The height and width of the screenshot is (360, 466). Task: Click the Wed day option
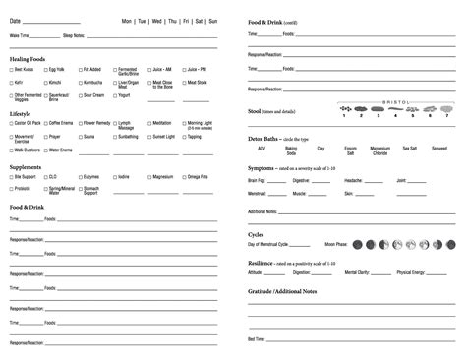tap(156, 21)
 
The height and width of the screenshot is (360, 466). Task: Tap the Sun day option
tap(213, 21)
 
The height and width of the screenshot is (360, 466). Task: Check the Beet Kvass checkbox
tap(12, 70)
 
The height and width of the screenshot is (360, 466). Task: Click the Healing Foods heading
tap(29, 59)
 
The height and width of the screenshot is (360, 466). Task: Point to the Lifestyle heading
tap(21, 113)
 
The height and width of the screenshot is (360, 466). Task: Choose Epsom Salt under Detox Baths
tap(350, 150)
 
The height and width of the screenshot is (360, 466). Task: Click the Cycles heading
tap(257, 234)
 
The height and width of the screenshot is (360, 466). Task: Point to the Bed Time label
tap(259, 338)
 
